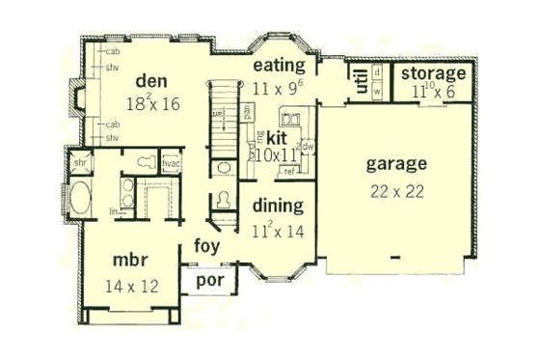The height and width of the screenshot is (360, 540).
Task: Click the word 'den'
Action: click(x=152, y=80)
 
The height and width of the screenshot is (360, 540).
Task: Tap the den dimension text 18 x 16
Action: click(x=152, y=100)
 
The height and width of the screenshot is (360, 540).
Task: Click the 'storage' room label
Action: click(x=434, y=74)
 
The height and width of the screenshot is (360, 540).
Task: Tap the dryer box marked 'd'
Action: click(x=378, y=73)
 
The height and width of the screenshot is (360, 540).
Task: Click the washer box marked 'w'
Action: click(x=378, y=92)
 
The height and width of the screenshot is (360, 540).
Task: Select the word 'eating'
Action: click(x=279, y=66)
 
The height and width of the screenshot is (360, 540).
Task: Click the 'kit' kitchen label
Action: click(x=277, y=138)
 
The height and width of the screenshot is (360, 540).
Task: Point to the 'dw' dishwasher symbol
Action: click(x=306, y=147)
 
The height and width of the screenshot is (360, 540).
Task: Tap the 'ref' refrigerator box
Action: click(x=287, y=172)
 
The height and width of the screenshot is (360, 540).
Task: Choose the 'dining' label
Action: click(x=278, y=206)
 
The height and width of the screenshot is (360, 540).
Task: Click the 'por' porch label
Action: click(x=209, y=281)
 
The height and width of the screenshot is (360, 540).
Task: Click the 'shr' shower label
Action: click(x=78, y=163)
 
